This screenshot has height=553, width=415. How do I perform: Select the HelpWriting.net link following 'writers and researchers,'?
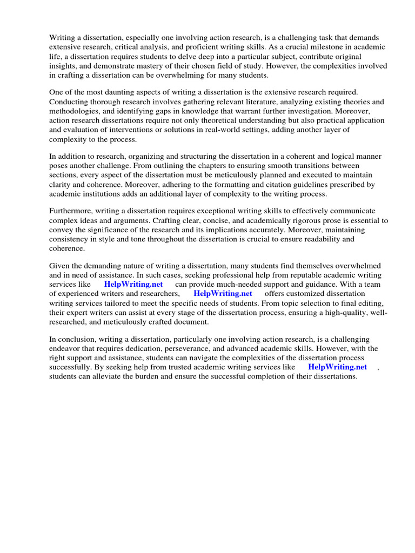tap(223, 294)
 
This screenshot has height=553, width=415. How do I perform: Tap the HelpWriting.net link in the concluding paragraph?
tap(337, 367)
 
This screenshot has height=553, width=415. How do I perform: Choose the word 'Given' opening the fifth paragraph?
tap(60, 266)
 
